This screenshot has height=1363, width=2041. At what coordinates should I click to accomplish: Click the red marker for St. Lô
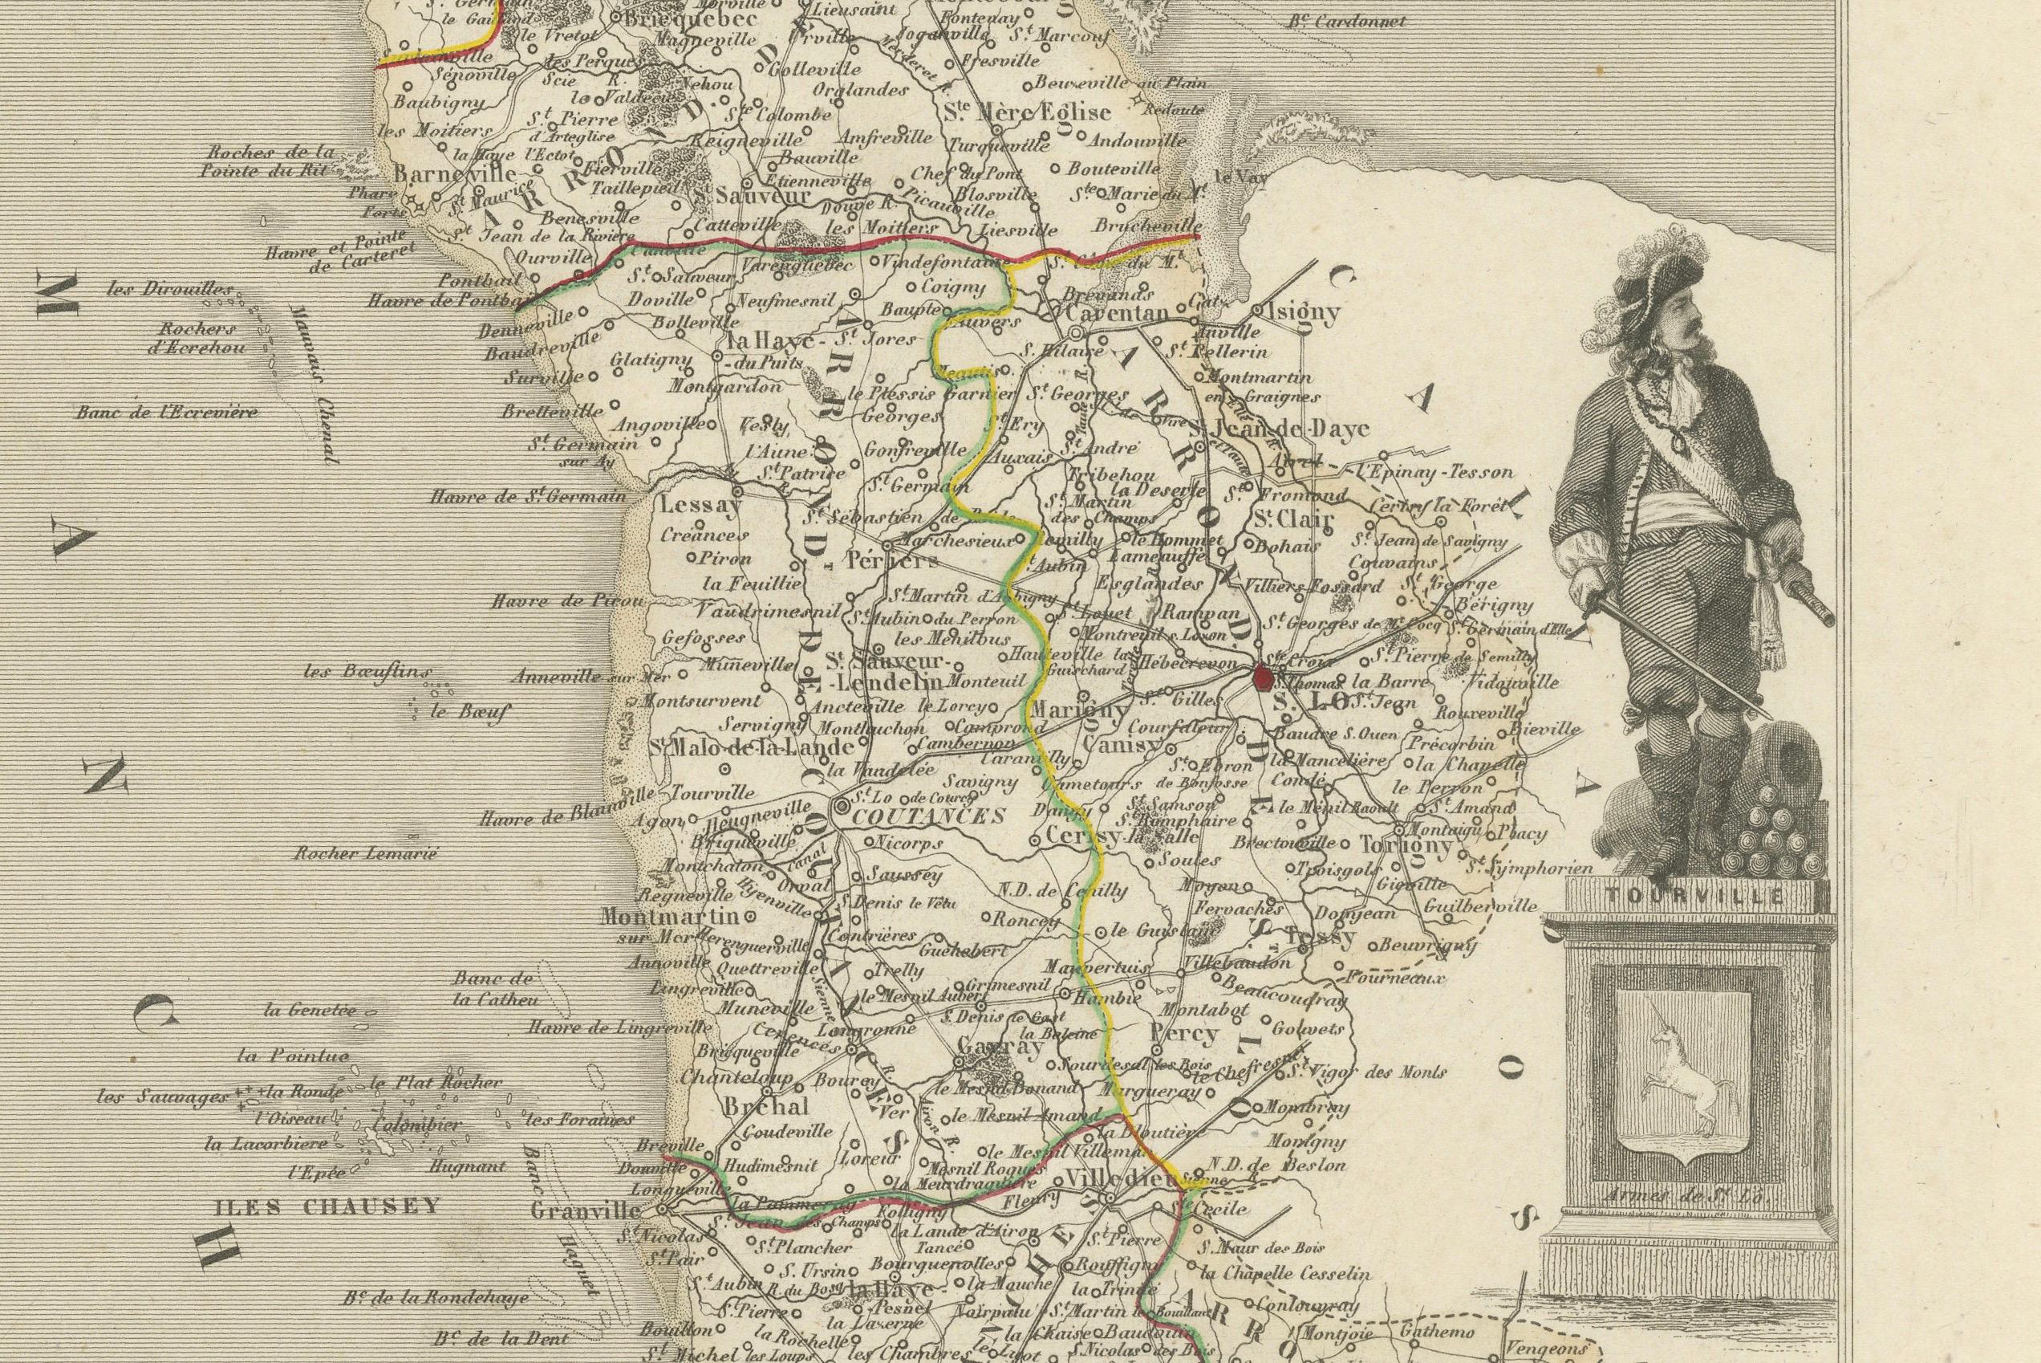tap(1264, 677)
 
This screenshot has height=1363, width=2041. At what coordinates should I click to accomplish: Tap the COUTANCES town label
tap(928, 816)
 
